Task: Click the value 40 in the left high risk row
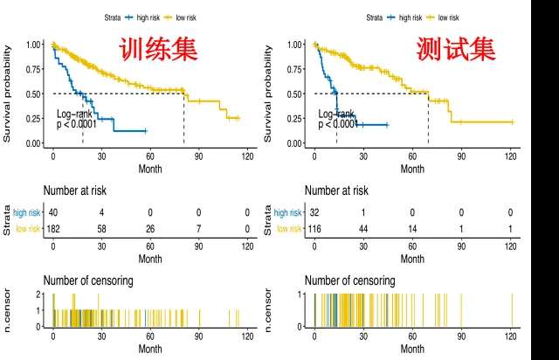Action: click(53, 211)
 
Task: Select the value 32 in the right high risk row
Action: click(315, 211)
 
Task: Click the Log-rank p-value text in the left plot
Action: click(78, 120)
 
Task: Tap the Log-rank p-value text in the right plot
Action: click(338, 120)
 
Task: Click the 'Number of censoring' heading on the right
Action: click(349, 280)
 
